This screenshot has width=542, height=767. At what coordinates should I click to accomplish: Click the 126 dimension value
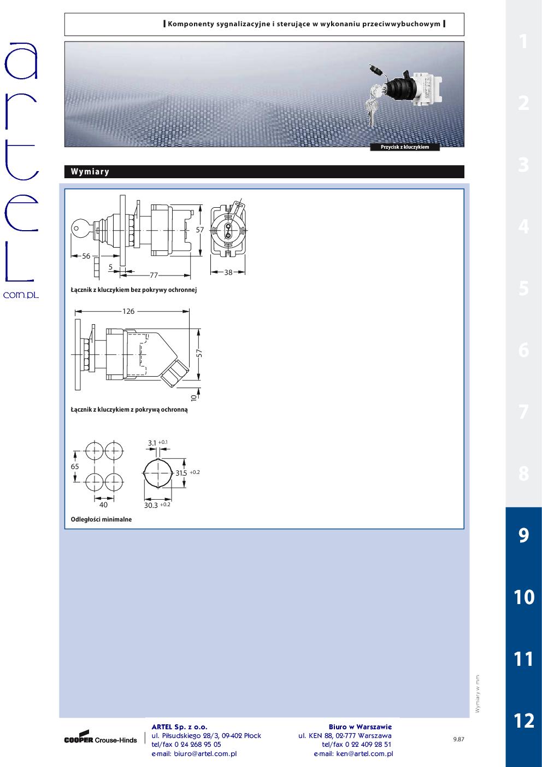pos(128,311)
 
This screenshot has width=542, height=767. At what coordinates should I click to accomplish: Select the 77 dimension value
pos(154,275)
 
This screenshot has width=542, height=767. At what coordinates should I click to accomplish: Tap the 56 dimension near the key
pos(86,256)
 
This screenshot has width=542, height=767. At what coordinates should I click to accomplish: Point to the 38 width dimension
pos(228,272)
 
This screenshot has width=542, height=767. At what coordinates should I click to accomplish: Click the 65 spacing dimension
pos(75,466)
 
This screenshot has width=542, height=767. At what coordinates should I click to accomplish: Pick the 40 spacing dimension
pos(103,505)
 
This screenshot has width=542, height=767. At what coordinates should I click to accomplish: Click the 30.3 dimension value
pos(151,505)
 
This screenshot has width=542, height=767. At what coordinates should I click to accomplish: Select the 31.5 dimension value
pos(181,473)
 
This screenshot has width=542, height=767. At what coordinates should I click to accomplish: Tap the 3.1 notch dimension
pos(152,443)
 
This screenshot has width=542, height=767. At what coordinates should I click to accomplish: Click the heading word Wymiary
pos(90,172)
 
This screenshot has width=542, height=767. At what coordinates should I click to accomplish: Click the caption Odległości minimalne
pos(101,519)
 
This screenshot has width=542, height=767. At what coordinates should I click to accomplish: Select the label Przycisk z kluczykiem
pos(405,147)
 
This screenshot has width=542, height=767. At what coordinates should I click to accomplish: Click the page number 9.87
pos(458,739)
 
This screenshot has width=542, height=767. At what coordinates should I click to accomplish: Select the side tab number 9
pos(524,535)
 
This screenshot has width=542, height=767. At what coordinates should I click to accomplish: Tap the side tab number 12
pos(524,721)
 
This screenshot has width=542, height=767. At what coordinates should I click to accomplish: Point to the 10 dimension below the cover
pos(194,397)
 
